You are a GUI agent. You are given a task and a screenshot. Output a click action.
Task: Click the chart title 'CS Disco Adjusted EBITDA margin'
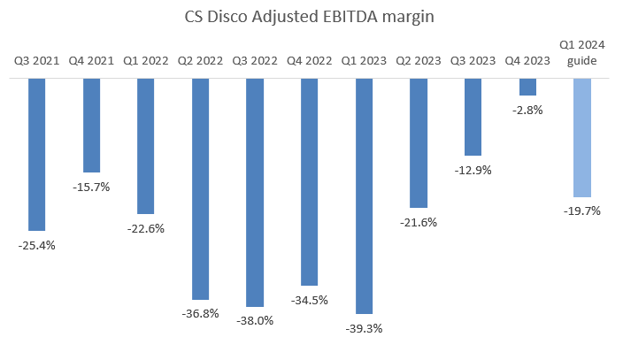click(x=311, y=16)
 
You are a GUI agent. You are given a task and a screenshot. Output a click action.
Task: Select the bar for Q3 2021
click(x=37, y=154)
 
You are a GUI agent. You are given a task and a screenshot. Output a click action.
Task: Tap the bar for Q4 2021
click(x=91, y=125)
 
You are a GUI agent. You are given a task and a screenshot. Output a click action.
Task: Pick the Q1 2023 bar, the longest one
click(x=364, y=195)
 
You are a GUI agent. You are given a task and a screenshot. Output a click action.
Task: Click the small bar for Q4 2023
click(x=527, y=86)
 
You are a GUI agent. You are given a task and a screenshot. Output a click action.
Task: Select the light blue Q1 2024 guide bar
click(x=581, y=137)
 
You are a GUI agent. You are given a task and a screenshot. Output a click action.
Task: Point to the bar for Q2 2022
click(x=200, y=188)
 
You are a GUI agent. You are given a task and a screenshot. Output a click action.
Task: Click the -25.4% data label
click(x=37, y=245)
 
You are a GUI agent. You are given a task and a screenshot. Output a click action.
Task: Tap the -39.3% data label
click(x=364, y=328)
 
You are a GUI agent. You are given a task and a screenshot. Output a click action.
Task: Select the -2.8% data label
click(x=527, y=110)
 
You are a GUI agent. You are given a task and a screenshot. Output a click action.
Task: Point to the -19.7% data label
click(x=581, y=211)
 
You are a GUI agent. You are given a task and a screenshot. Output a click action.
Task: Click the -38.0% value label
click(x=255, y=321)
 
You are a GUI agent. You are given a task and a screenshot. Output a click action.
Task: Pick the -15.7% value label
click(x=91, y=187)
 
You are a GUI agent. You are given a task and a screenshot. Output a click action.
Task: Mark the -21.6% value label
click(x=419, y=222)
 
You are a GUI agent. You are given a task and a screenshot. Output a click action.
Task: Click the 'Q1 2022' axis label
click(x=146, y=61)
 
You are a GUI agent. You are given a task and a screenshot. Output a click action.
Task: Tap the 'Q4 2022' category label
click(x=309, y=61)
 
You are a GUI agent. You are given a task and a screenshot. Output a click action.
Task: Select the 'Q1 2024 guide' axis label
click(x=581, y=53)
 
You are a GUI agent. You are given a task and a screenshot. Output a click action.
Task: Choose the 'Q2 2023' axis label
click(x=419, y=61)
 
